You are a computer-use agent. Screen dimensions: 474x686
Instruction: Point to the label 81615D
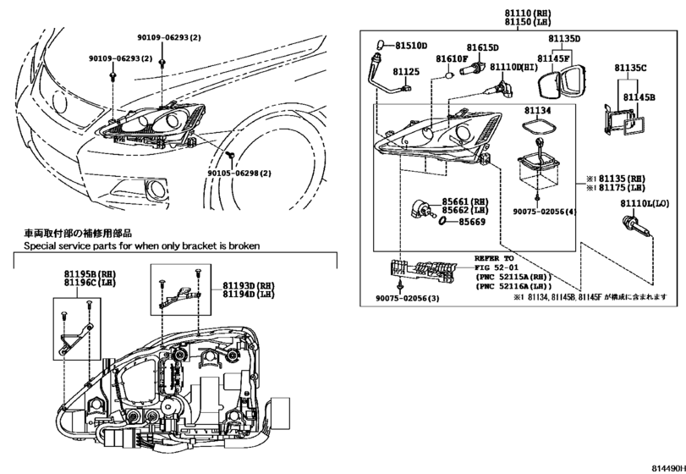(482, 47)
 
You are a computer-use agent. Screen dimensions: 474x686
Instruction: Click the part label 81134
(536, 110)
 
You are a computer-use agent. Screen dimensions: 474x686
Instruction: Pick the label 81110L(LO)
(645, 204)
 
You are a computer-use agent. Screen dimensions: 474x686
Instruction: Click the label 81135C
(630, 68)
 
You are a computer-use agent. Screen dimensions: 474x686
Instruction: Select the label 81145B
(639, 97)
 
